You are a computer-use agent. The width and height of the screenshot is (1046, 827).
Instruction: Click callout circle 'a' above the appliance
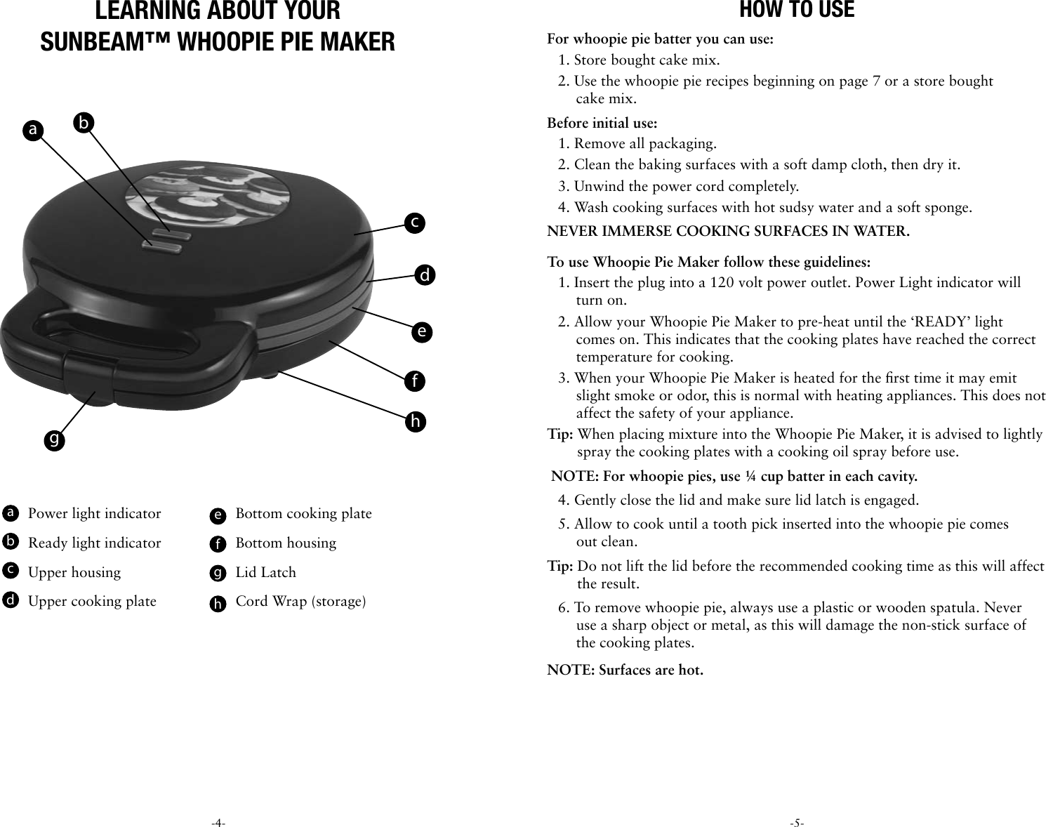coord(32,129)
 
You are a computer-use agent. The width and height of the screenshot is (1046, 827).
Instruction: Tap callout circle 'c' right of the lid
coord(414,223)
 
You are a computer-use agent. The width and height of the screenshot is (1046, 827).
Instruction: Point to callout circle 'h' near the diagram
coord(416,422)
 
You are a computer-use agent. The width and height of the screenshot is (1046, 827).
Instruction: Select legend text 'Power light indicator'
coord(94,514)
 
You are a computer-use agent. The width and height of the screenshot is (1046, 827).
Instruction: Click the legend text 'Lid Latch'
coord(265,573)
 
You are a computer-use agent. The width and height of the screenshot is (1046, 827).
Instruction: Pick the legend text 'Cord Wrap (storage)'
coord(300,602)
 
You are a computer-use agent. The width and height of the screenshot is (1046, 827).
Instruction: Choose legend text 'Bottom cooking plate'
coord(303,514)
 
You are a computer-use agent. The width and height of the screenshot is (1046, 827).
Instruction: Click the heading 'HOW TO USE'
coord(797,11)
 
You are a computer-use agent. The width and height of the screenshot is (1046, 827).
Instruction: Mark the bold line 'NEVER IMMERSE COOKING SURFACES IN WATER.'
coord(728,232)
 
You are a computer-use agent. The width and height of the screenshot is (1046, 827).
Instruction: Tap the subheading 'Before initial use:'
coord(602,124)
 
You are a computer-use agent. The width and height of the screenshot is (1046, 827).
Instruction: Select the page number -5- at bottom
coord(797,822)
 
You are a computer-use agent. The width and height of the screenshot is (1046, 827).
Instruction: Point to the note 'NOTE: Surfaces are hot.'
coord(625,670)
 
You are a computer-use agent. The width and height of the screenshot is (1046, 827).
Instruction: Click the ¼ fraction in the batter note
coord(750,477)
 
